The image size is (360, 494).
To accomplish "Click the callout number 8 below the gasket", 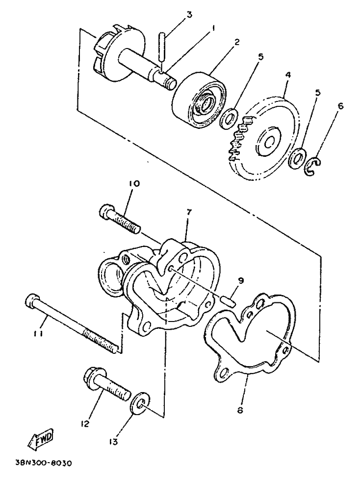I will coord(240,411).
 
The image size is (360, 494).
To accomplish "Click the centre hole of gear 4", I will coord(269,143).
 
